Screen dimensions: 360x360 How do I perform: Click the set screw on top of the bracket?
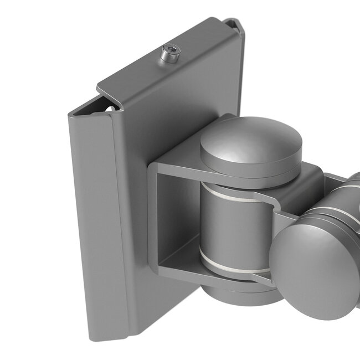click(x=169, y=56)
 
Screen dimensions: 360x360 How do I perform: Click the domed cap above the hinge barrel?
click(x=251, y=145)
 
